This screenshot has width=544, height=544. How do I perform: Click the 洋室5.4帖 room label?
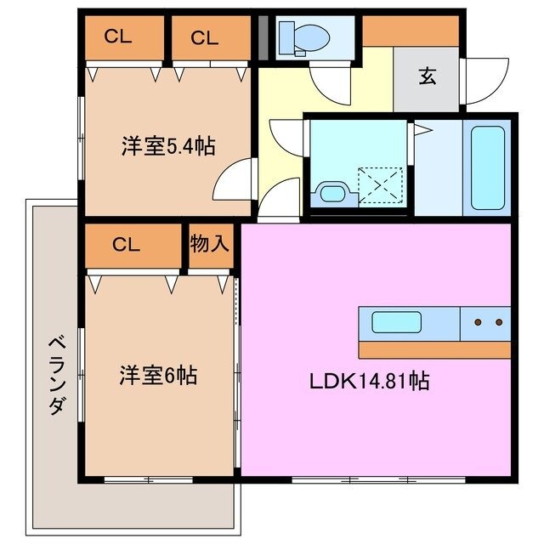(167, 146)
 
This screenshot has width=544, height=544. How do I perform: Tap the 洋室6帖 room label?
(158, 374)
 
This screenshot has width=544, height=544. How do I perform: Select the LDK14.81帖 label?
(368, 380)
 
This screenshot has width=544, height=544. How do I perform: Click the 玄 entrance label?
(427, 76)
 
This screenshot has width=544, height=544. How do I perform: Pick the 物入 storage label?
(209, 244)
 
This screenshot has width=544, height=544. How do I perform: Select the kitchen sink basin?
(395, 324)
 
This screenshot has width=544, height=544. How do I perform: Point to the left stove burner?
(477, 322)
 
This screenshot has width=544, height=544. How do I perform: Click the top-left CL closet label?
(118, 37)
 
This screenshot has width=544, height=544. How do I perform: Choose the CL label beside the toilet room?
(204, 37)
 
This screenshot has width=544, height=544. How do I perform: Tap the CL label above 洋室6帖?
(127, 245)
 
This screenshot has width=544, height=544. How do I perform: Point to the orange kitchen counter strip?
(433, 349)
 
